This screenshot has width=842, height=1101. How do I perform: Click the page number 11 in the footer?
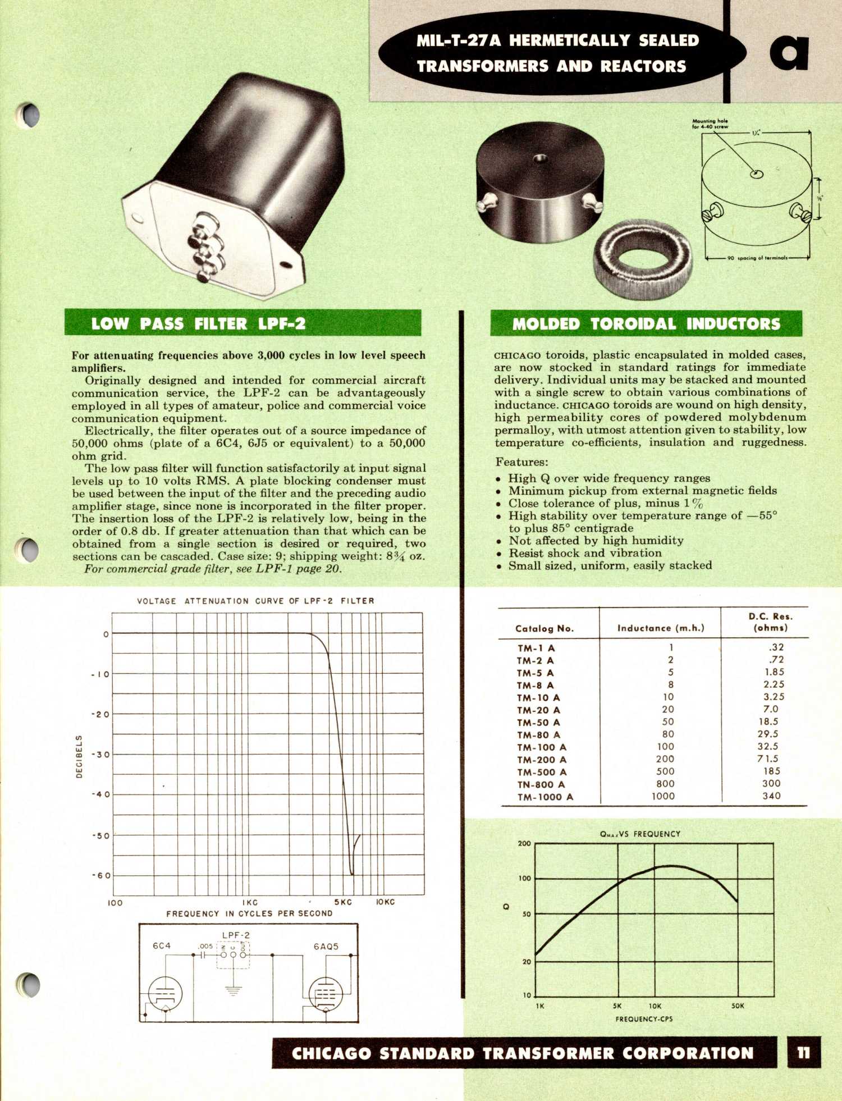point(803,1052)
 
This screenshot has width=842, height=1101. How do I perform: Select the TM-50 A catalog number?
point(538,723)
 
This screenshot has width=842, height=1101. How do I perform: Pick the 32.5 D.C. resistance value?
point(767,747)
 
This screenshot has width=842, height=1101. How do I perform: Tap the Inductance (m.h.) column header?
point(661,628)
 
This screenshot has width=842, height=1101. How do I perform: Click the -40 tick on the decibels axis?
point(101,794)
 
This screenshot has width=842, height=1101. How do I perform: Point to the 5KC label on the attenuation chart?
point(343,902)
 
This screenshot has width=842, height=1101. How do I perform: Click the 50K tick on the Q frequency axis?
point(738,1006)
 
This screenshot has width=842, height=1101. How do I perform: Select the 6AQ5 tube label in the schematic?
point(326,946)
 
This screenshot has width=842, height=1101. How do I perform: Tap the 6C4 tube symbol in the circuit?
point(164,994)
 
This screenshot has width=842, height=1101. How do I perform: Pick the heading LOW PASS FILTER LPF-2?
point(199,324)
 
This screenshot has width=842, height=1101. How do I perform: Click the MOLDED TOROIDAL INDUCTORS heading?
point(646,324)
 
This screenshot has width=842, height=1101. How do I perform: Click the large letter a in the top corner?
point(789,52)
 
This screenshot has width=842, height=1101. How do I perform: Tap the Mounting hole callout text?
point(710,124)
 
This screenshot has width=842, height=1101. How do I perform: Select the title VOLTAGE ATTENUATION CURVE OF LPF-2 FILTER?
point(255,601)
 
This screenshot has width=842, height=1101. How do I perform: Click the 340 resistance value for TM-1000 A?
point(771,796)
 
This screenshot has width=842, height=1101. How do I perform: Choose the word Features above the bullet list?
point(522,462)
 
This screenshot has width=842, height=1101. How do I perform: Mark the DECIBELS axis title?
point(79,756)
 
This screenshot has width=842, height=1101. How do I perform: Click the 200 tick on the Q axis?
point(524,843)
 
